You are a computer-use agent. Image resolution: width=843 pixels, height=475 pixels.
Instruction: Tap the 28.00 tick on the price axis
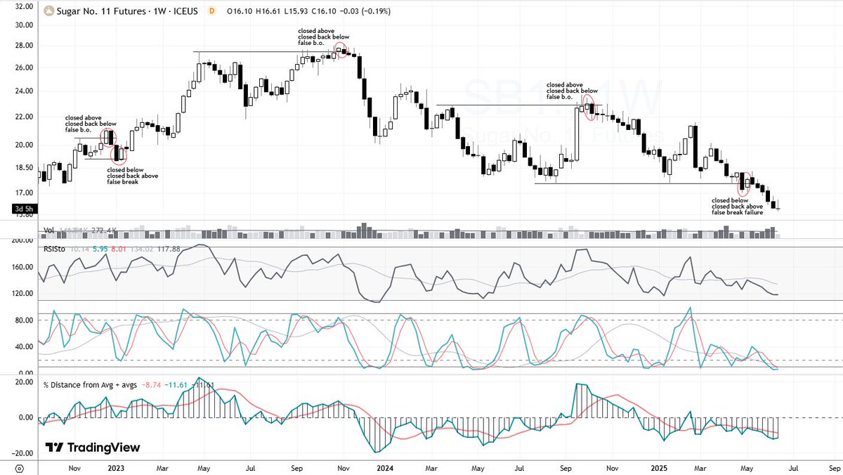(25, 46)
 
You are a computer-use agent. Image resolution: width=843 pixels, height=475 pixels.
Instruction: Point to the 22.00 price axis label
(25, 117)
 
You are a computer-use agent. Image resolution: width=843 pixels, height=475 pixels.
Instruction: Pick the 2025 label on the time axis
(658, 467)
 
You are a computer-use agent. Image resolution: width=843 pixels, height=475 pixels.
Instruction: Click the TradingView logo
(93, 448)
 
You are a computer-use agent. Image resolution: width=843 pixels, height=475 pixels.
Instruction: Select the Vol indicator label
(49, 229)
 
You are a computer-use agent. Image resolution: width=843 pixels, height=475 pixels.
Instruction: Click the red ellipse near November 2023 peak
(341, 50)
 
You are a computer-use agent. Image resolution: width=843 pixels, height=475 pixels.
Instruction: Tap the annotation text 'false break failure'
(737, 212)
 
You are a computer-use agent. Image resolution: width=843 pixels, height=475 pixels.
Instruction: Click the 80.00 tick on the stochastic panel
(25, 320)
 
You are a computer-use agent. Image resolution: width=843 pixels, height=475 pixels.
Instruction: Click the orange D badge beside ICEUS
(211, 11)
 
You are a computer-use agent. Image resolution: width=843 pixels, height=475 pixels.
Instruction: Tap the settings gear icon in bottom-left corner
(19, 467)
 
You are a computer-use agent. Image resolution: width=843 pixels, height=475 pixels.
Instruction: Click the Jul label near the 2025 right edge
(791, 467)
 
